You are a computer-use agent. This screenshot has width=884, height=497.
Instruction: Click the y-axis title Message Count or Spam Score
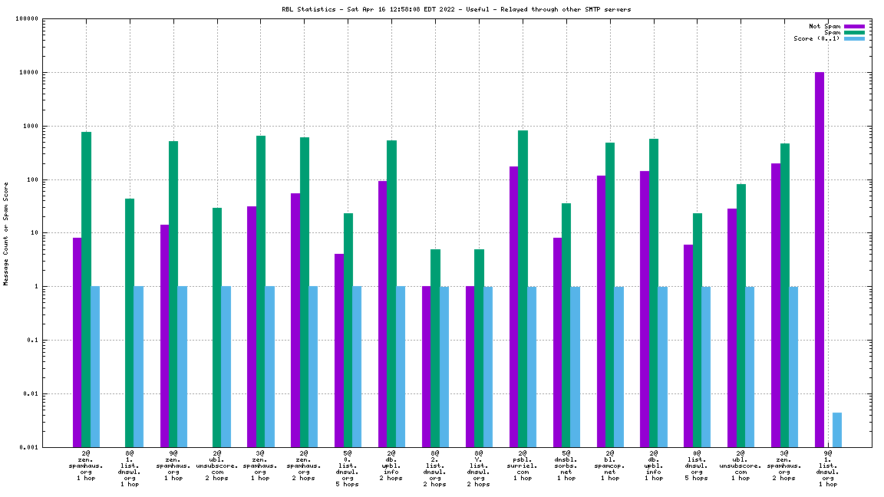pos(6,233)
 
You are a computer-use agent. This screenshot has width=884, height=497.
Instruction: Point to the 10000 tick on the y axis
pos(28,73)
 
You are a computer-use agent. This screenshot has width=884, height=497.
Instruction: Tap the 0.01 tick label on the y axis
pos(31,394)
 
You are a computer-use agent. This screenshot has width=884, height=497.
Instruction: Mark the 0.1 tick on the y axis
pos(33,341)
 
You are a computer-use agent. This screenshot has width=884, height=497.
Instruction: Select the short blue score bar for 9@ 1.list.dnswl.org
pos(837,430)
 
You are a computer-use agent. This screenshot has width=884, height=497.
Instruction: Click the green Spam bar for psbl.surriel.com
pos(523,288)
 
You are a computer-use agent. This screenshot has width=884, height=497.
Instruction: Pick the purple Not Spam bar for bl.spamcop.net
pos(601,311)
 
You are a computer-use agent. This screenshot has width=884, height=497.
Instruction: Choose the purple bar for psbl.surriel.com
pos(513,306)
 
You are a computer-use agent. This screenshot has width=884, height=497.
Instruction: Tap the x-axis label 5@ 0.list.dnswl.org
pos(348,469)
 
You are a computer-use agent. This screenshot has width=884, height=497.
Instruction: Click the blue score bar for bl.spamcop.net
pos(618,367)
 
